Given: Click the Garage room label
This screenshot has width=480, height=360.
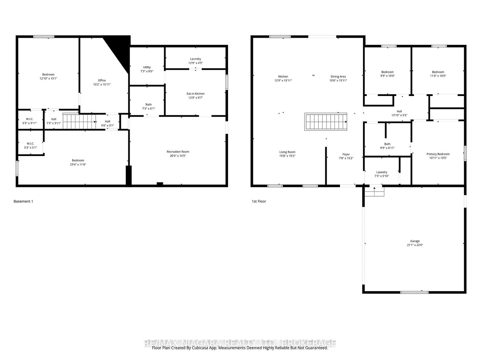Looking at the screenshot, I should (x=415, y=241).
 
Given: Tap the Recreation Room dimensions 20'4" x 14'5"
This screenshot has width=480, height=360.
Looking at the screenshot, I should (x=178, y=156).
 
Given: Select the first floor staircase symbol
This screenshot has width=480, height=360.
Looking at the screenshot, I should (x=326, y=121).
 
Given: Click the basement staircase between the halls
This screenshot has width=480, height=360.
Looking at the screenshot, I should (x=79, y=121).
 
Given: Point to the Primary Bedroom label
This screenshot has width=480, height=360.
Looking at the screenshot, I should (x=438, y=154).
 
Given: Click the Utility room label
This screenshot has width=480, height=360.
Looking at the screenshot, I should (x=147, y=67).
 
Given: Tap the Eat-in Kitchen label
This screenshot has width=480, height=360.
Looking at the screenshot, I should (x=195, y=94).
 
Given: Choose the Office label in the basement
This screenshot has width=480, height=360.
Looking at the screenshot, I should (x=102, y=80).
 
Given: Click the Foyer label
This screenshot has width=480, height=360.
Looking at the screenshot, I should (x=346, y=154).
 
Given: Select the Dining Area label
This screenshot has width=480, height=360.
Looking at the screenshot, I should (x=338, y=76).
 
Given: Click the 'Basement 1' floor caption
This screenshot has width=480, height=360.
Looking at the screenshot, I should (x=23, y=201).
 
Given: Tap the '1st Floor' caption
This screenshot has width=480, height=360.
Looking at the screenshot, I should (x=259, y=201).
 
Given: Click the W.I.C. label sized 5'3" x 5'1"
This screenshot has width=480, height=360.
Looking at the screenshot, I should (x=30, y=143).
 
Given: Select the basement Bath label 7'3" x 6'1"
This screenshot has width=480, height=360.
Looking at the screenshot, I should (x=148, y=104).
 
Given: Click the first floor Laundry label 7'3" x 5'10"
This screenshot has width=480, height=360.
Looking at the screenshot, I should (x=382, y=172).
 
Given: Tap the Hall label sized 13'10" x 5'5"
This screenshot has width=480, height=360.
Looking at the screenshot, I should (x=399, y=111).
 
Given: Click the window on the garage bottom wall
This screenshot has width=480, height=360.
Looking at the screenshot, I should (x=415, y=292).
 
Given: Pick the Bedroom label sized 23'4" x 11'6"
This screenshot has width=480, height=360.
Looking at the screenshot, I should (x=78, y=160).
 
